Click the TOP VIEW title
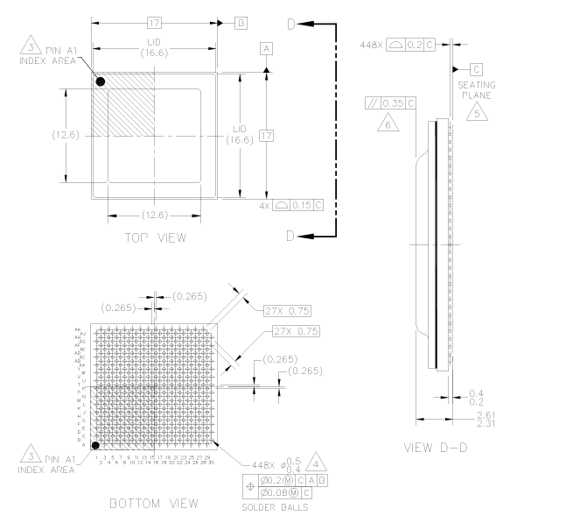click(156, 237)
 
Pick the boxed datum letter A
click(266, 49)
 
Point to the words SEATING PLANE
click(478, 89)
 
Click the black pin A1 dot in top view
click(101, 81)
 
